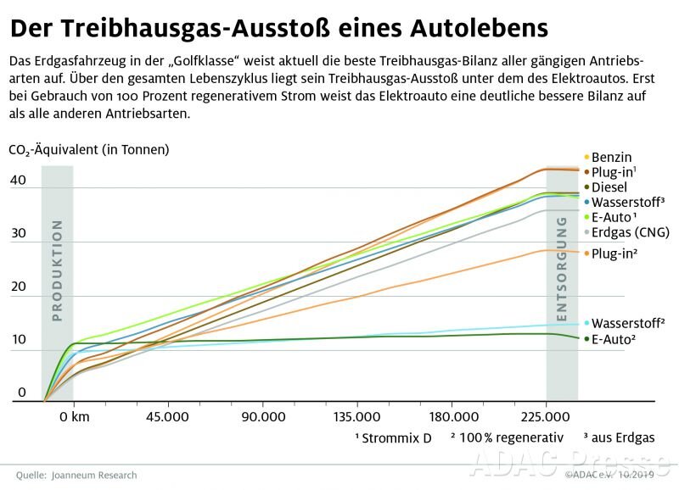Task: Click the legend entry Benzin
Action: click(611, 157)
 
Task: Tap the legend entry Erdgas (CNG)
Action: click(630, 232)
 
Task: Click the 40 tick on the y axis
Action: click(18, 181)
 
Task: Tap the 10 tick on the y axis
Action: click(18, 341)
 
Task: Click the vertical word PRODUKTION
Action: click(58, 271)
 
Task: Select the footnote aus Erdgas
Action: click(623, 437)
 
